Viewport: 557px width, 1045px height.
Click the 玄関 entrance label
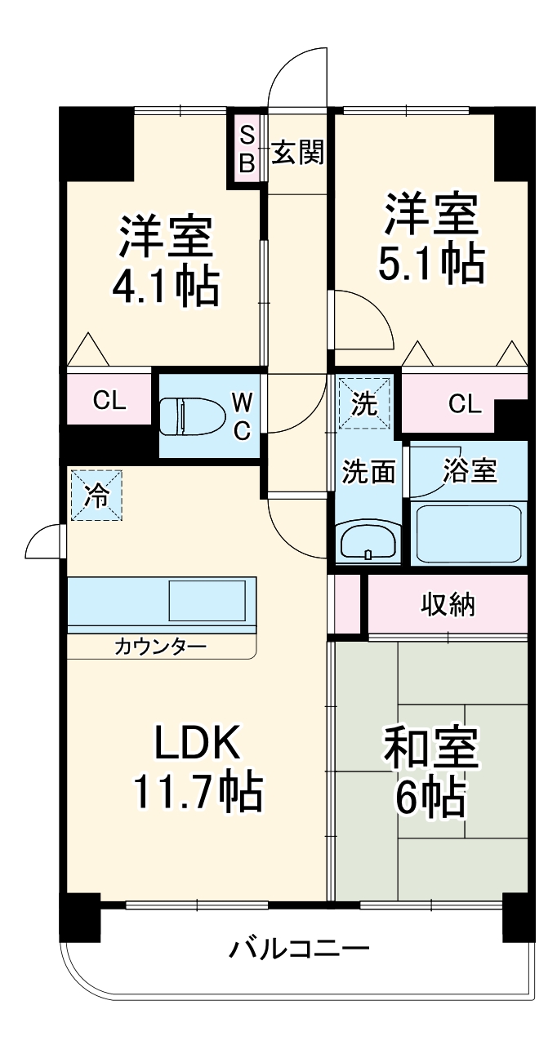(297, 152)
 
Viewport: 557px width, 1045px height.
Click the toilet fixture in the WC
(189, 415)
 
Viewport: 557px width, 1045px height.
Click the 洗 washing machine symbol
(365, 402)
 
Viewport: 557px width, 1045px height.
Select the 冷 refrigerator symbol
(96, 496)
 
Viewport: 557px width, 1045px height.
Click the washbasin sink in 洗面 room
(367, 542)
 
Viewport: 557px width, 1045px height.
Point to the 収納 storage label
(448, 605)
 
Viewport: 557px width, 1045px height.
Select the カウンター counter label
(160, 647)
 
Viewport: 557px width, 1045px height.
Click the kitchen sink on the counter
(207, 603)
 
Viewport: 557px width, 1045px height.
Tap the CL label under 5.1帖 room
(465, 402)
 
